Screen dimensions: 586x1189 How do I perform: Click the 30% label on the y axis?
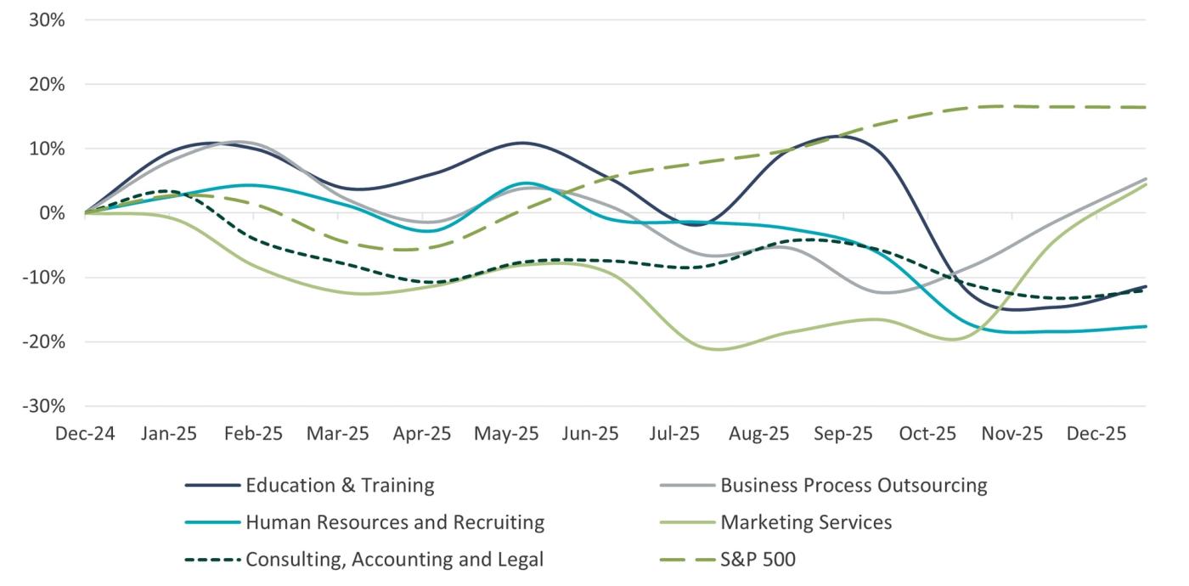(x=47, y=20)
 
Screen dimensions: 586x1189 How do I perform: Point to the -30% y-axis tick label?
(x=43, y=406)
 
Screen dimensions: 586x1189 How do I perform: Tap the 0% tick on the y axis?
(x=51, y=213)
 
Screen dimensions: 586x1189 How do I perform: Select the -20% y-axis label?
(x=43, y=341)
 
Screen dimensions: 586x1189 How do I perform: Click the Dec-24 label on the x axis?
(x=84, y=434)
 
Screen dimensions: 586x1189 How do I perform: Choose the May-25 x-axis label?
(x=506, y=434)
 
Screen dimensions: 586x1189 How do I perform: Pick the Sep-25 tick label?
(x=843, y=434)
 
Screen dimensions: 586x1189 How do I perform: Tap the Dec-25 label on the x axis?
(x=1096, y=434)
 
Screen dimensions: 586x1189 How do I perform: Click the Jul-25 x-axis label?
(x=674, y=434)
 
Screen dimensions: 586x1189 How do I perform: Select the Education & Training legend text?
(x=340, y=486)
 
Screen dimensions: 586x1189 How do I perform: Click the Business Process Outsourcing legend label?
(x=854, y=486)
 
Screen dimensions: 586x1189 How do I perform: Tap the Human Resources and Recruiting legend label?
(x=395, y=522)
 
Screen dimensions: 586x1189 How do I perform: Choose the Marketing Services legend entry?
(x=806, y=522)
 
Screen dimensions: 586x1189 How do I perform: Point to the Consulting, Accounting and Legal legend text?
(x=394, y=560)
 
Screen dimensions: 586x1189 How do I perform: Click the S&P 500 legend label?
(x=758, y=560)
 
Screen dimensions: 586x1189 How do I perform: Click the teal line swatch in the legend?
(x=211, y=522)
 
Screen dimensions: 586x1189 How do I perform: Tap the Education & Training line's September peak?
(x=841, y=136)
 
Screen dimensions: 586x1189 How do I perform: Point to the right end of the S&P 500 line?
(x=1146, y=107)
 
